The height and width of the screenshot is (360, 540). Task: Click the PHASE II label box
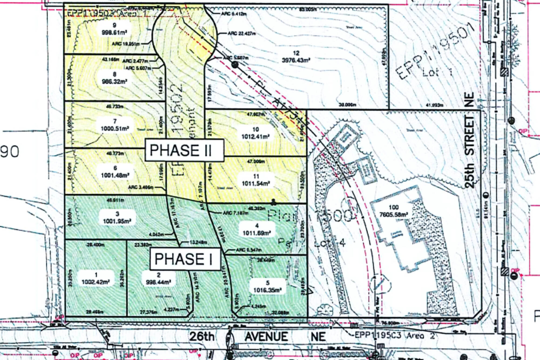click(184, 150)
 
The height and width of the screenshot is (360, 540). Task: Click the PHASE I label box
click(185, 259)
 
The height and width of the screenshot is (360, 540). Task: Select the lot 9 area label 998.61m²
click(114, 29)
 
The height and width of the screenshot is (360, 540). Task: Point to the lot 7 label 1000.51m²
click(115, 125)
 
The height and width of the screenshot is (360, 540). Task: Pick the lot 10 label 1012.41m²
click(255, 133)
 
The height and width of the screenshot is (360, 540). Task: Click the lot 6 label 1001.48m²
click(115, 172)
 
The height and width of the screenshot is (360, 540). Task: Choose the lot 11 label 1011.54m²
click(256, 180)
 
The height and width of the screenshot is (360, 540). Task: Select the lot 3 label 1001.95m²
click(117, 218)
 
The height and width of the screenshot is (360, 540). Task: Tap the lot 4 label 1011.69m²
click(256, 229)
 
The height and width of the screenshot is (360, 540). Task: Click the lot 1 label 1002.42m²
click(96, 279)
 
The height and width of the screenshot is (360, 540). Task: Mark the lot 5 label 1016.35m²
click(267, 287)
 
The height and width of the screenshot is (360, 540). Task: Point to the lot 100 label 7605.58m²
click(393, 211)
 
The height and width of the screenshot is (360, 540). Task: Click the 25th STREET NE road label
click(470, 140)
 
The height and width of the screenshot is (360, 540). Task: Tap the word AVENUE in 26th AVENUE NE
click(266, 337)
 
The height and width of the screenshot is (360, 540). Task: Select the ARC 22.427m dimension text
click(242, 33)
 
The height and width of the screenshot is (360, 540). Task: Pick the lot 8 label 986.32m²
click(114, 78)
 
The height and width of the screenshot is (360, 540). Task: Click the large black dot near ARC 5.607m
click(235, 65)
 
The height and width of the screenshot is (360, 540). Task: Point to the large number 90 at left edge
click(10, 152)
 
